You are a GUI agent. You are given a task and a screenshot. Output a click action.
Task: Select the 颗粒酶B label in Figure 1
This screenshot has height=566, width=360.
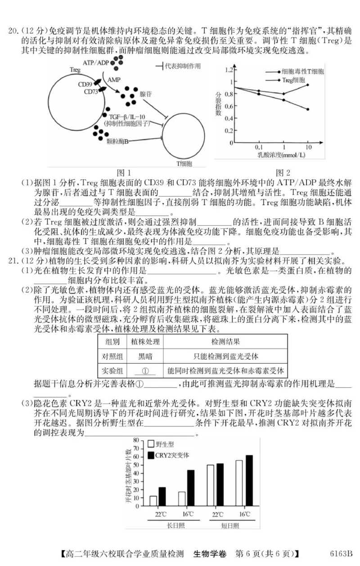(x=118, y=141)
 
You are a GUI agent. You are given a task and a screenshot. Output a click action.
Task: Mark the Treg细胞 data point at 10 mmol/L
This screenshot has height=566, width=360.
(x=308, y=85)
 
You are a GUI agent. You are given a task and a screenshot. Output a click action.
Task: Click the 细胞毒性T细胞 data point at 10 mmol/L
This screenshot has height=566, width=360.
(x=308, y=109)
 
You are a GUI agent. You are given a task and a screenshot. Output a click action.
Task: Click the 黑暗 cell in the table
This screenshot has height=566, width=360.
(x=145, y=356)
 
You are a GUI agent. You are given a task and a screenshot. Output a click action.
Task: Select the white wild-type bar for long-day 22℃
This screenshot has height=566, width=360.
(x=153, y=501)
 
